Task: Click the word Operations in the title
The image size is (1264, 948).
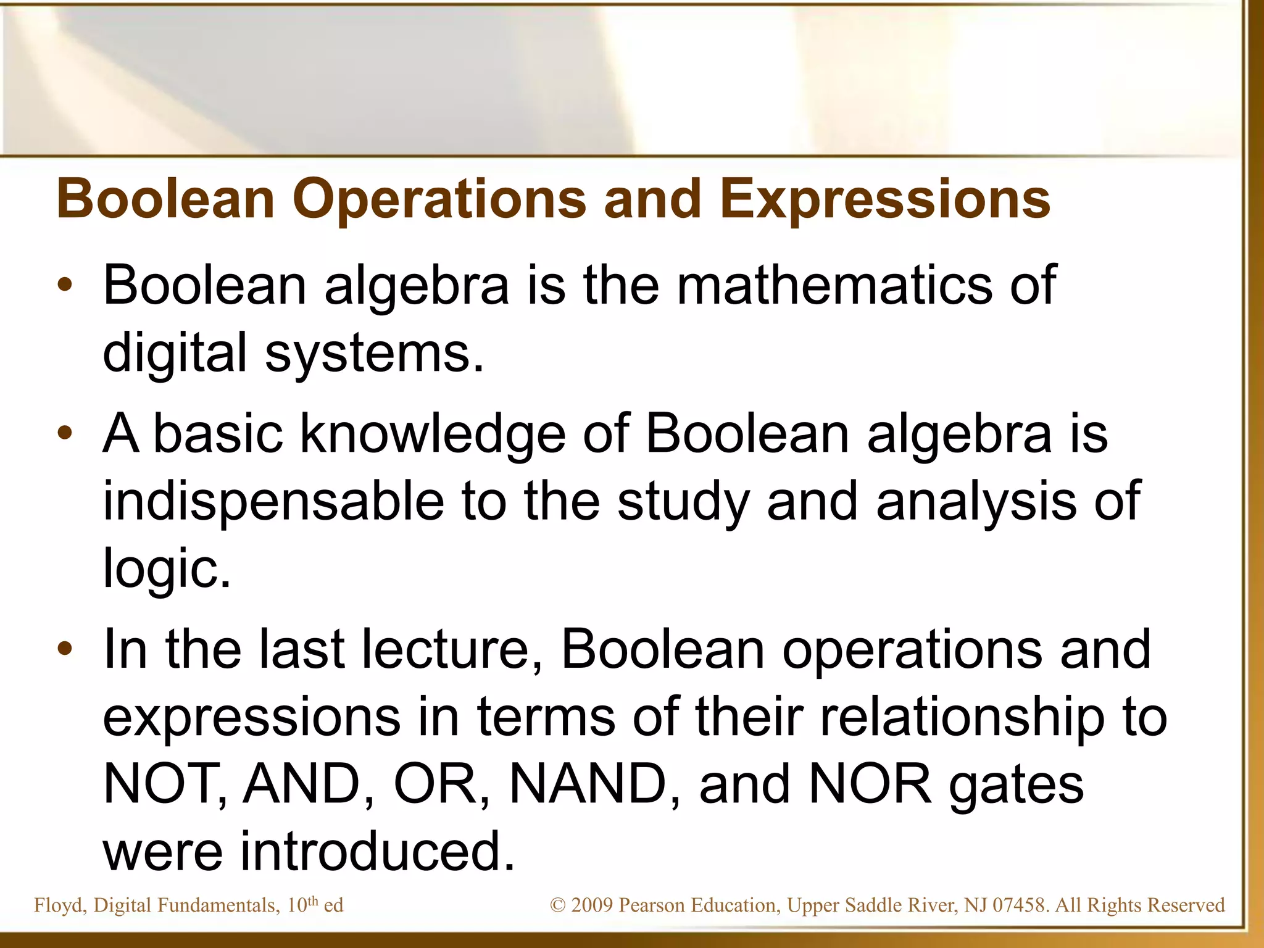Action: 439,199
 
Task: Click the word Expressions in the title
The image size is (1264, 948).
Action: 884,199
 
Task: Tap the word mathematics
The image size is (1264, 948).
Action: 834,285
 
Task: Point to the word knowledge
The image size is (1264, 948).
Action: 432,434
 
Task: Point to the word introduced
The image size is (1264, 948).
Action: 377,852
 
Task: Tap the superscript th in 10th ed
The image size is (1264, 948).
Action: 313,900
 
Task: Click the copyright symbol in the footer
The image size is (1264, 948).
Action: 557,905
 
